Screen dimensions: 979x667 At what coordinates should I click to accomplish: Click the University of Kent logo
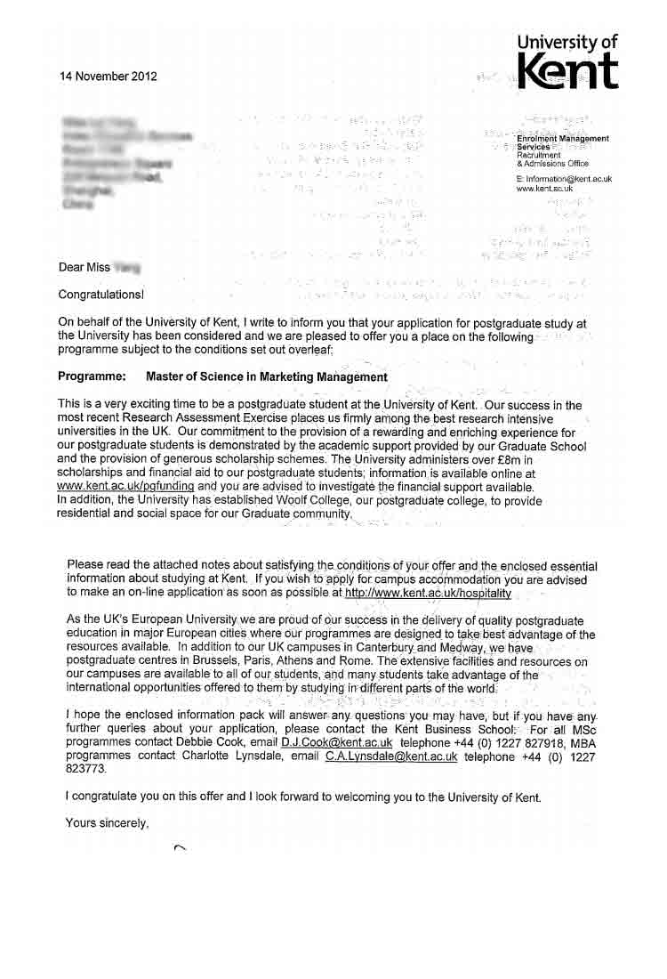point(567,61)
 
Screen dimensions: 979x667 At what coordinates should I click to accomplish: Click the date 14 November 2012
point(108,77)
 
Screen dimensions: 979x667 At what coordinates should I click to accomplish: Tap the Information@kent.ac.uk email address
point(564,179)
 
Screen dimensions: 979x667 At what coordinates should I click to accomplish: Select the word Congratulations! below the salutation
point(100,295)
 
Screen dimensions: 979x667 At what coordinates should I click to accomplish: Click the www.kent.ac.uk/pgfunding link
point(125,487)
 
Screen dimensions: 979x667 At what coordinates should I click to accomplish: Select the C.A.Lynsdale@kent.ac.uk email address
point(391,756)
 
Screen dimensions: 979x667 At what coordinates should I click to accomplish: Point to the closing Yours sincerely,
point(107,823)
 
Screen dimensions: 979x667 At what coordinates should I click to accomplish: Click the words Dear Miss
point(84,267)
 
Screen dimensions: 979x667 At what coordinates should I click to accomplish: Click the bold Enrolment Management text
point(563,139)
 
